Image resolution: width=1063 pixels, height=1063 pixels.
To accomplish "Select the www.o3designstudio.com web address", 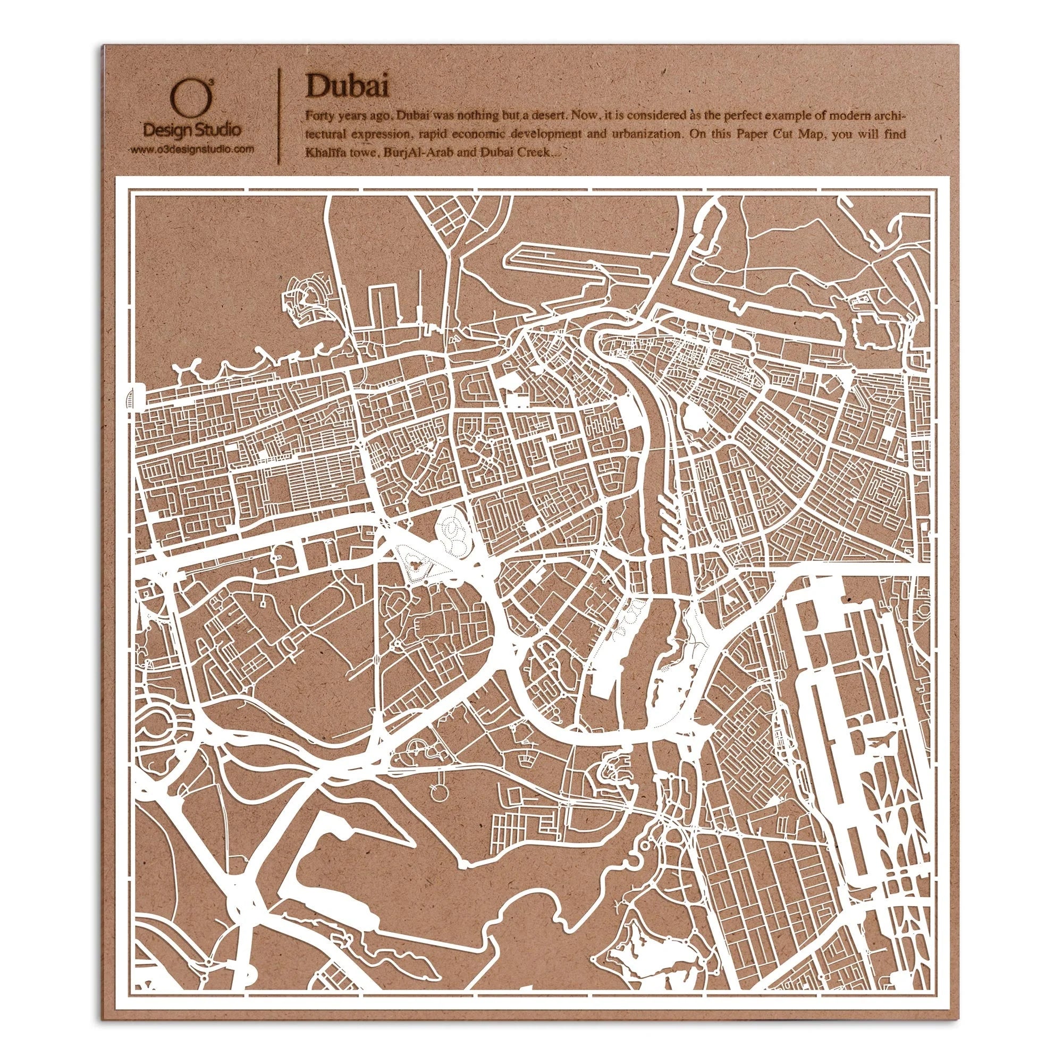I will pos(191,149).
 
